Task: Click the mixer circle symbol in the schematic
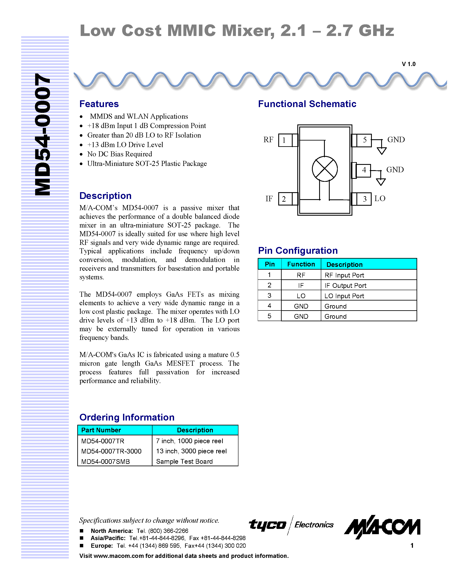(x=325, y=169)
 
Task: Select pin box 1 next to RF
(x=285, y=140)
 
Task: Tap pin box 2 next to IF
(x=284, y=199)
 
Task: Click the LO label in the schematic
(x=380, y=198)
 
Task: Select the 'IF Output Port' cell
(x=345, y=285)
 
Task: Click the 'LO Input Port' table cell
(x=344, y=296)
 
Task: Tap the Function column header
(x=301, y=264)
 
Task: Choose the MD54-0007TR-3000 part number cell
(x=111, y=451)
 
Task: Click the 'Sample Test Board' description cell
(x=184, y=461)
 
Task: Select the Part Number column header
(x=101, y=430)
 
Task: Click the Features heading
(x=99, y=104)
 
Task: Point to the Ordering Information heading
(x=127, y=417)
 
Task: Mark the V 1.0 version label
(x=408, y=64)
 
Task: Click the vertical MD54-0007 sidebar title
(x=43, y=135)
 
